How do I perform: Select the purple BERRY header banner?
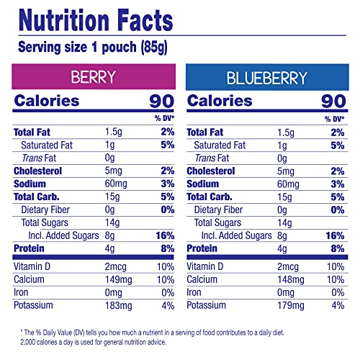click(94, 77)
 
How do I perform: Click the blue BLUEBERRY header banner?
click(268, 77)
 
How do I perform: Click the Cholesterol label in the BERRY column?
click(37, 171)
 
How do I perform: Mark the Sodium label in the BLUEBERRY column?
click(203, 184)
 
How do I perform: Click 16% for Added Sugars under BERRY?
click(164, 235)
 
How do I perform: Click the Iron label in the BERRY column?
click(21, 292)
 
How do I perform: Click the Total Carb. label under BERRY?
click(36, 197)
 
